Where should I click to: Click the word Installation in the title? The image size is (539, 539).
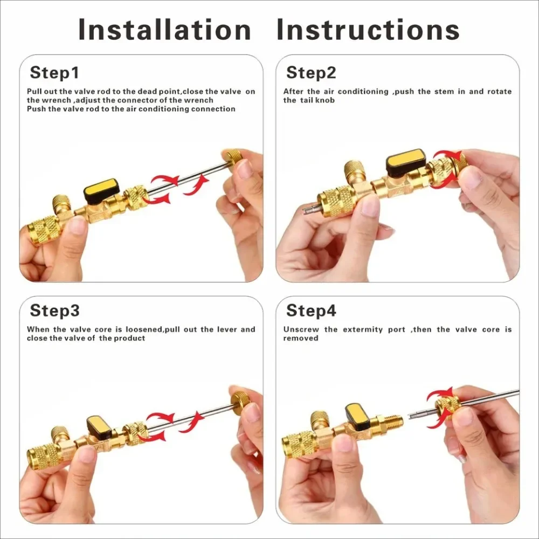pyautogui.click(x=164, y=30)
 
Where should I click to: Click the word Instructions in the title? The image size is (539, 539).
pyautogui.click(x=368, y=30)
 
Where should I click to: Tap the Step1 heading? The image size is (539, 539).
pyautogui.click(x=54, y=73)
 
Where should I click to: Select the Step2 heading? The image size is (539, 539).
pyautogui.click(x=311, y=73)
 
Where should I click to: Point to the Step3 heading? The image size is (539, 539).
pyautogui.click(x=54, y=310)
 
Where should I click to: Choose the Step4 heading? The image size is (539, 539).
pyautogui.click(x=311, y=310)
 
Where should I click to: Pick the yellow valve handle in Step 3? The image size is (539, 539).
pyautogui.click(x=99, y=425)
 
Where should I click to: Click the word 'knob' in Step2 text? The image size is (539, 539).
pyautogui.click(x=325, y=100)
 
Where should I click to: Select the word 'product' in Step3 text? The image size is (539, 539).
pyautogui.click(x=129, y=338)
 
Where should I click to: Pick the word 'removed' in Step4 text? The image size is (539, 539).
pyautogui.click(x=301, y=338)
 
